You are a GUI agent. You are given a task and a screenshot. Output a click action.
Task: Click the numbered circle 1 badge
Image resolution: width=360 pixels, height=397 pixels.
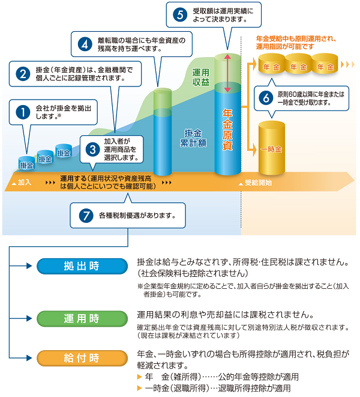coord(23,112)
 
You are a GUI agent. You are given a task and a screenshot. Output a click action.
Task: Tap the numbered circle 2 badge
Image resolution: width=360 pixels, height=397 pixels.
coord(23,75)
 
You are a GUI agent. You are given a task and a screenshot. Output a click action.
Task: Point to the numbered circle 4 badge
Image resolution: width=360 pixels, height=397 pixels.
coord(85,44)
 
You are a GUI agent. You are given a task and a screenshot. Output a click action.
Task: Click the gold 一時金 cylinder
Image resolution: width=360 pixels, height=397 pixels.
coord(271,148)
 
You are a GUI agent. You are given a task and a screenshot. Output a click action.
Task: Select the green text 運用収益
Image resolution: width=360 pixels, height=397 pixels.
coord(201,77)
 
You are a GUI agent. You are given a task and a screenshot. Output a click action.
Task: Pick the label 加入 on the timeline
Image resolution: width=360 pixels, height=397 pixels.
coord(25,182)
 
